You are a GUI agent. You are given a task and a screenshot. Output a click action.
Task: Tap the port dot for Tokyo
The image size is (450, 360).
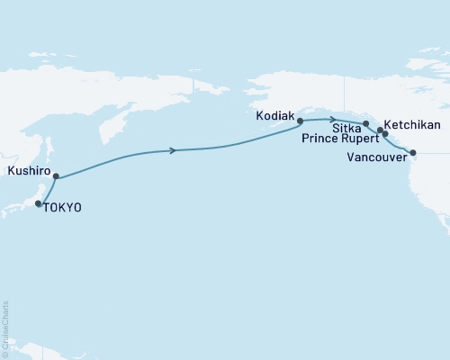38,204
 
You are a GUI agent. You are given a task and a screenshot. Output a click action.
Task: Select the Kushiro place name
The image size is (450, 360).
25,168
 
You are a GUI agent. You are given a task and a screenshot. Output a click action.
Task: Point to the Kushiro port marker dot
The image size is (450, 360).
56,176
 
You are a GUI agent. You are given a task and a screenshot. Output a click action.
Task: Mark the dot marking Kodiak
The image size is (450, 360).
300,120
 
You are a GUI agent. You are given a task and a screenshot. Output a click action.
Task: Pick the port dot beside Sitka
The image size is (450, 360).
365,123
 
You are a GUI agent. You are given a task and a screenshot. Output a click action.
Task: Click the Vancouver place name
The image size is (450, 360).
377,157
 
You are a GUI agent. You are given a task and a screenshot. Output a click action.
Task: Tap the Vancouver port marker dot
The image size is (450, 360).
413,152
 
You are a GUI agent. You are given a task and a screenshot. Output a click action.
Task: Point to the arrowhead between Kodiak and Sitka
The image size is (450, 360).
334,119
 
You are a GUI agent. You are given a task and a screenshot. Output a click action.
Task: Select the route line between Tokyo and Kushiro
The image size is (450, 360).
46,190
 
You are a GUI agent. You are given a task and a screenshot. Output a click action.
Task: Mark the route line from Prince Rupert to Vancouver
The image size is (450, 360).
399,145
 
